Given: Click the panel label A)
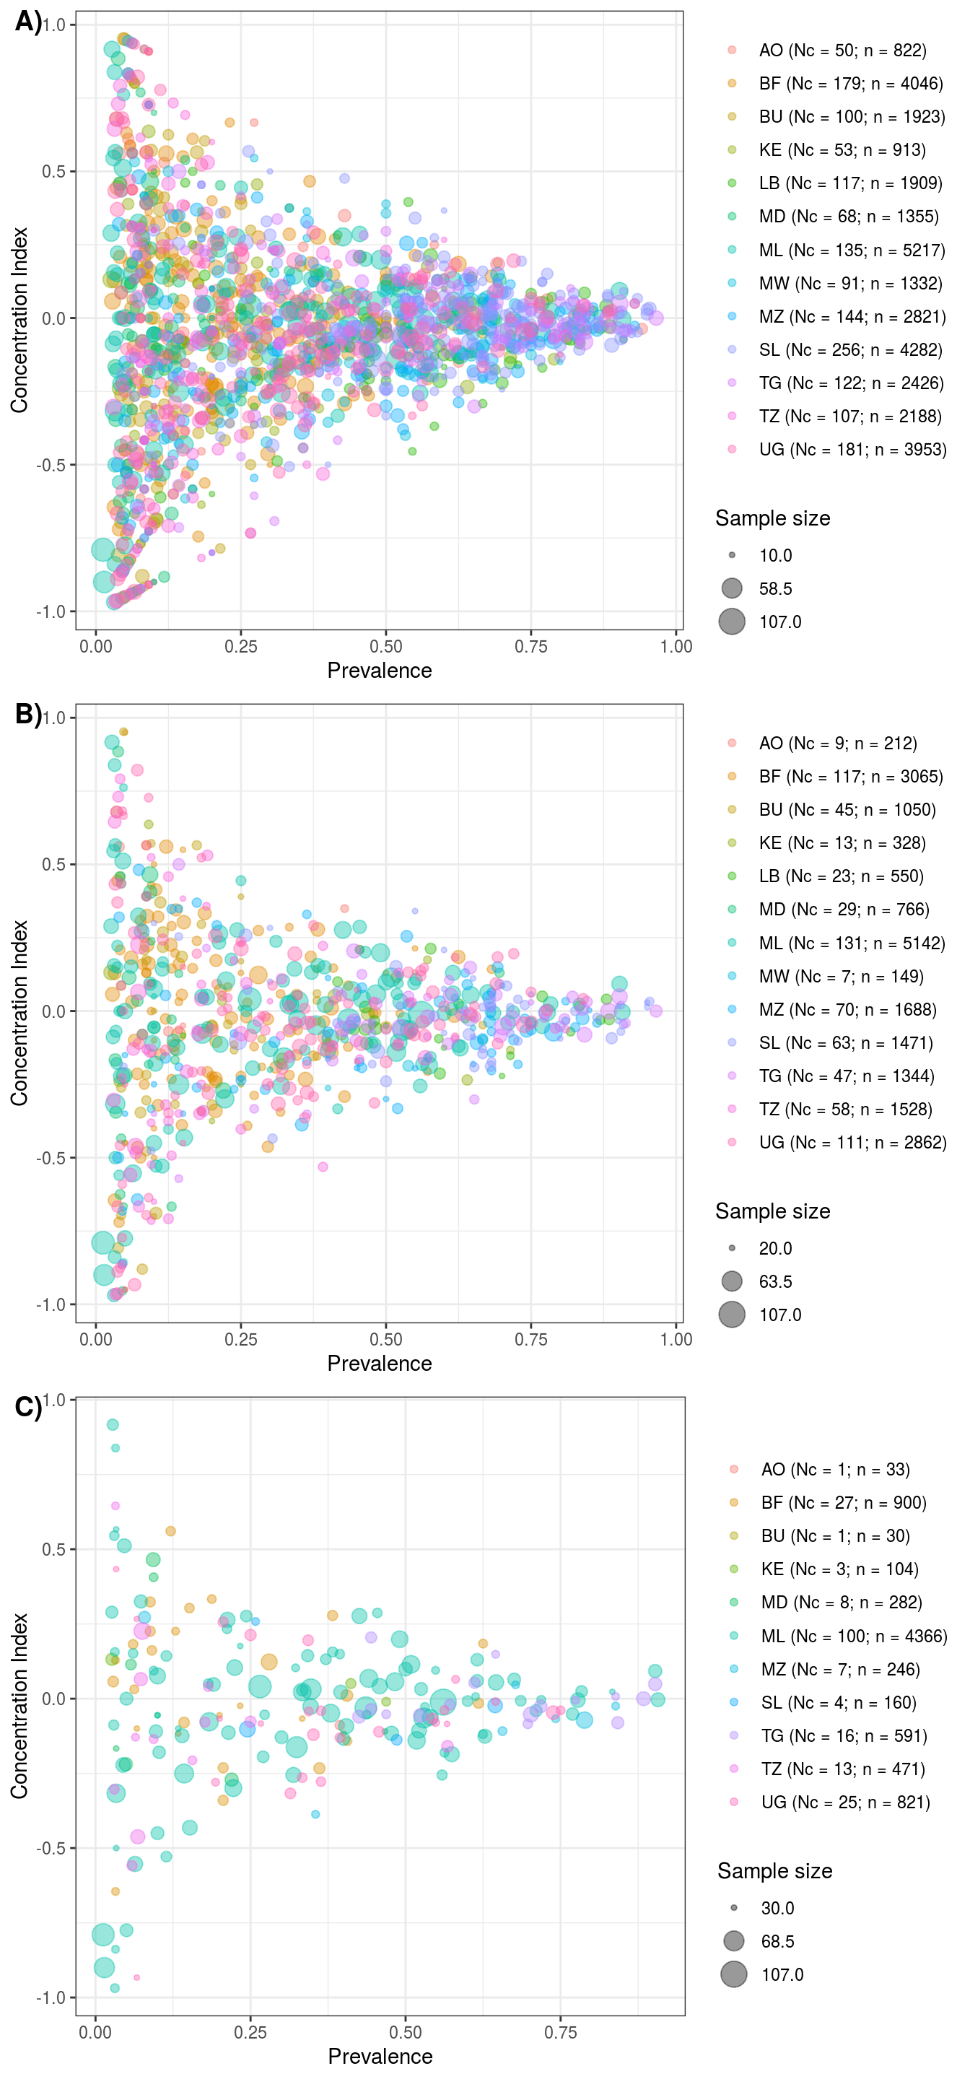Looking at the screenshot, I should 27,22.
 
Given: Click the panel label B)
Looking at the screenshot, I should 27,714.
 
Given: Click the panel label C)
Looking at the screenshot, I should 27,1407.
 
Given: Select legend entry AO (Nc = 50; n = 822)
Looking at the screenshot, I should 842,50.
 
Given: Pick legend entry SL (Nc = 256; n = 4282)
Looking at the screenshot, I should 849,349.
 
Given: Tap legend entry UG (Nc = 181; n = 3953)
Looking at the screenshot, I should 852,450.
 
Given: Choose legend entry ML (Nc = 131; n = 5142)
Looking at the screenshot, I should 852,943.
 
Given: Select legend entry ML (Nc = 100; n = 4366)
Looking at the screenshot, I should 854,1636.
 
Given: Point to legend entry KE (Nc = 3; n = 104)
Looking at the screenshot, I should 839,1569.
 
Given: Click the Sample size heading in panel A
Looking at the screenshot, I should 772,518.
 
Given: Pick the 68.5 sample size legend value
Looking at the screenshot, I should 778,1941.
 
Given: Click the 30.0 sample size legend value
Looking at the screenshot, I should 778,1908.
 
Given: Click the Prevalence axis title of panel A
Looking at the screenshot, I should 380,671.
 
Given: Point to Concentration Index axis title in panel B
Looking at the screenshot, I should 19,1012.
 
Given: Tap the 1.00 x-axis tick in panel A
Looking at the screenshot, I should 676,647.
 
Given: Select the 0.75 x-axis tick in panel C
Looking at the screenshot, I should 560,2032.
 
